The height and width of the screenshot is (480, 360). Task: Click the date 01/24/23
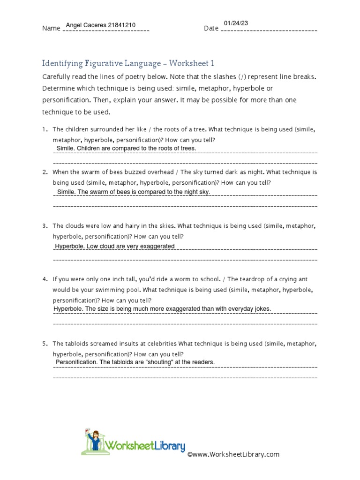click(235, 23)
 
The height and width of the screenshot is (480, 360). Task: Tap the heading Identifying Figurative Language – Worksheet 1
click(128, 63)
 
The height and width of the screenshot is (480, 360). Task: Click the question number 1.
click(45, 129)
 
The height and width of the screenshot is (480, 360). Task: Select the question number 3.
click(45, 226)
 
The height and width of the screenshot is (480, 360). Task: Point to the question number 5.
click(45, 344)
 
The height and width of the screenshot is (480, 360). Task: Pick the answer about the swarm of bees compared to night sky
click(134, 192)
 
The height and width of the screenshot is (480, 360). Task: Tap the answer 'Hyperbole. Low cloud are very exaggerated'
click(115, 246)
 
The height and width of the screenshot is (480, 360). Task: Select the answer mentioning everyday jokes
click(162, 308)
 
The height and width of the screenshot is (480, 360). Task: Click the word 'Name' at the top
click(51, 29)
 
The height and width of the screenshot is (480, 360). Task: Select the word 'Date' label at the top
click(211, 29)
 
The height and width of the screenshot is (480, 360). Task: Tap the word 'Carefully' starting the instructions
click(56, 76)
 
